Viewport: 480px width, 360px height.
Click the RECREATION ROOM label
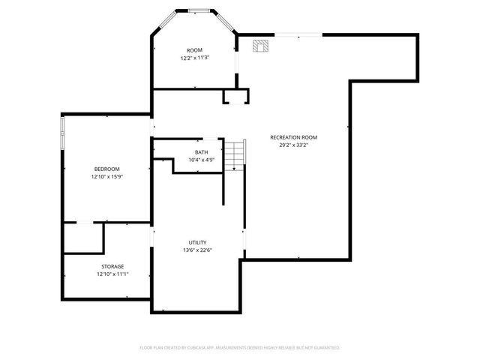click(x=294, y=137)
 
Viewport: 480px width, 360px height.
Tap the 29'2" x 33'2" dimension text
click(x=294, y=145)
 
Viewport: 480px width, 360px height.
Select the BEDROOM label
click(x=106, y=169)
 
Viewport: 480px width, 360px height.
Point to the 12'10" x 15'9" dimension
click(x=106, y=177)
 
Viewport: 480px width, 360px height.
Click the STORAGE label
click(x=112, y=266)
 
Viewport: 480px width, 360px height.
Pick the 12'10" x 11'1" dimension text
click(x=112, y=274)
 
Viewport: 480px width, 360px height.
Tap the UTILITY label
click(x=197, y=242)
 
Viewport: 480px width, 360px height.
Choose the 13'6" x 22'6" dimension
click(x=197, y=250)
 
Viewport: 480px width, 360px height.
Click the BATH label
click(x=202, y=152)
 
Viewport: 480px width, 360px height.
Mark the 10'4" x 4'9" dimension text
click(x=202, y=160)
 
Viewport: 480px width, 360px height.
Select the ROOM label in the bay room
click(x=194, y=50)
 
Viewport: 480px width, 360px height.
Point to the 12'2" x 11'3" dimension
click(x=194, y=58)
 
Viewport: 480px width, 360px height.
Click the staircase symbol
click(x=236, y=154)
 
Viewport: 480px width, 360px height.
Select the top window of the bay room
click(x=199, y=10)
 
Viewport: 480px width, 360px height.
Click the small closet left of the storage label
click(x=83, y=238)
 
